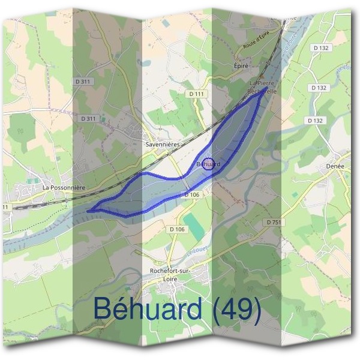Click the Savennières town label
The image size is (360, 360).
pos(163,145)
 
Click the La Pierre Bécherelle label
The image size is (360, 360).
pos(262,88)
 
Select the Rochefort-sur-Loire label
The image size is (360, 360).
pos(172,274)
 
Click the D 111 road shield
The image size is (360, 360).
pos(196,94)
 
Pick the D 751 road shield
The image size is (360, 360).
pos(273,222)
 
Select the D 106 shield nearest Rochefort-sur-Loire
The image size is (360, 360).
pos(177,229)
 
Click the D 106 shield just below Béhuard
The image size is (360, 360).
pos(191,195)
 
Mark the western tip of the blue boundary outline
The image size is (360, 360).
pos(88,211)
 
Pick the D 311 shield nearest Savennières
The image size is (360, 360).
pos(88,119)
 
